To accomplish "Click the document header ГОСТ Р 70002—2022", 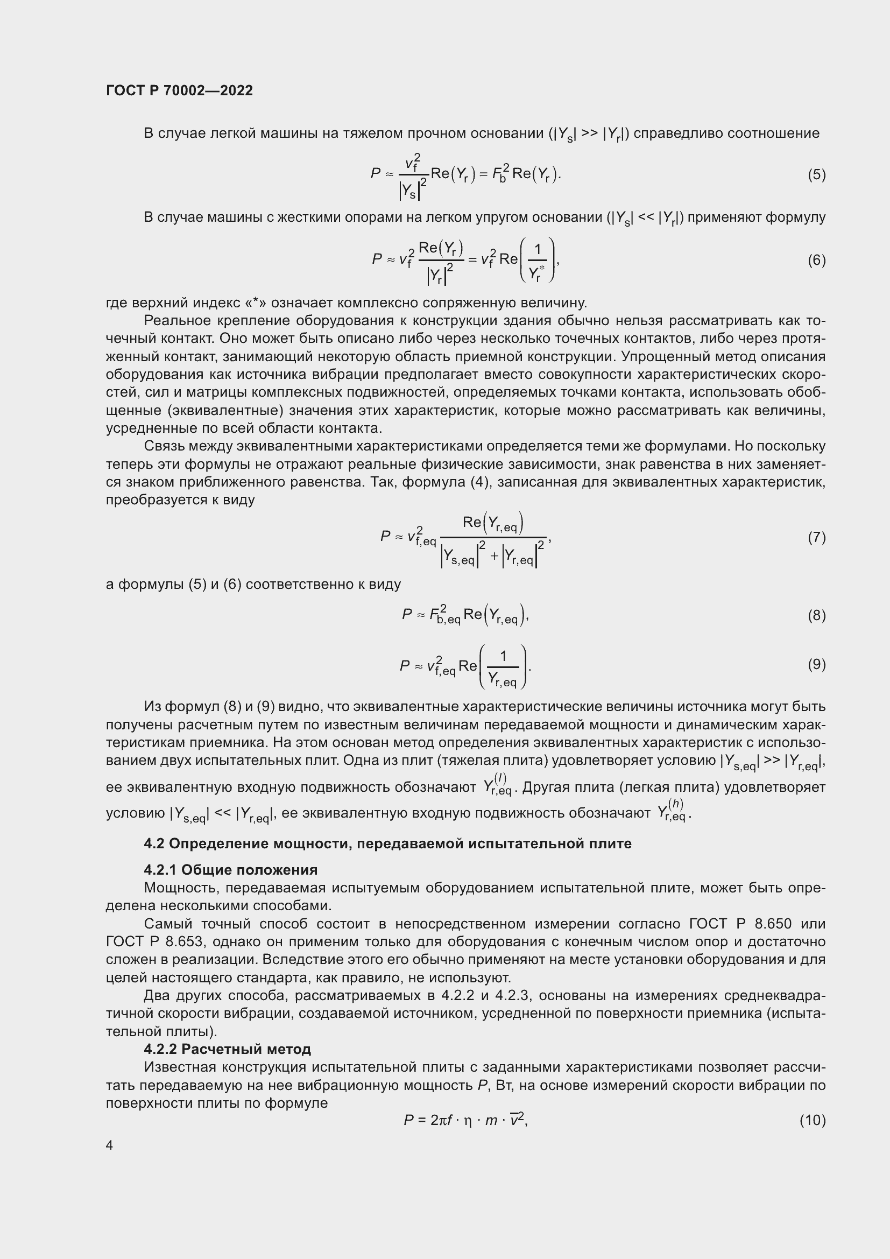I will (x=179, y=90).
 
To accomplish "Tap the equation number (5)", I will (x=816, y=174).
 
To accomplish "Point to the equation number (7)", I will (x=816, y=537).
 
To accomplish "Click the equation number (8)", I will (x=816, y=615).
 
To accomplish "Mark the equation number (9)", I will (x=816, y=664).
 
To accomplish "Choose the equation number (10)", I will (x=812, y=1120).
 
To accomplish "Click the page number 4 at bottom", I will (x=110, y=1145).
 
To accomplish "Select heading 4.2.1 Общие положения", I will (x=231, y=870).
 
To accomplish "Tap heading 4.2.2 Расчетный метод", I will (x=228, y=1049).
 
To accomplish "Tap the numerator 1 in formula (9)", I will (x=503, y=656).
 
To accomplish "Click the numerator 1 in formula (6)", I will (x=538, y=250).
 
